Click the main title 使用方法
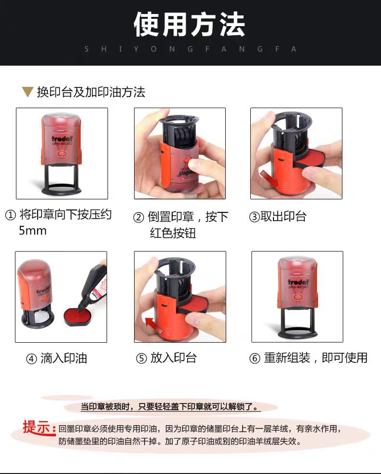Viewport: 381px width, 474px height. [x=190, y=25]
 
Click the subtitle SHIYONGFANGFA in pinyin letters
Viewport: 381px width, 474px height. [x=190, y=49]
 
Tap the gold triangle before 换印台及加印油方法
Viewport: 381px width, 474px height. [x=28, y=92]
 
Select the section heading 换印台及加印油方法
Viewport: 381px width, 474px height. [x=91, y=92]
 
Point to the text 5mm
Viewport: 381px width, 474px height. [x=33, y=231]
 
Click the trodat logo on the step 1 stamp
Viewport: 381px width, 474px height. [x=62, y=139]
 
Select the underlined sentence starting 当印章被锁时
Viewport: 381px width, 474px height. [x=170, y=407]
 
